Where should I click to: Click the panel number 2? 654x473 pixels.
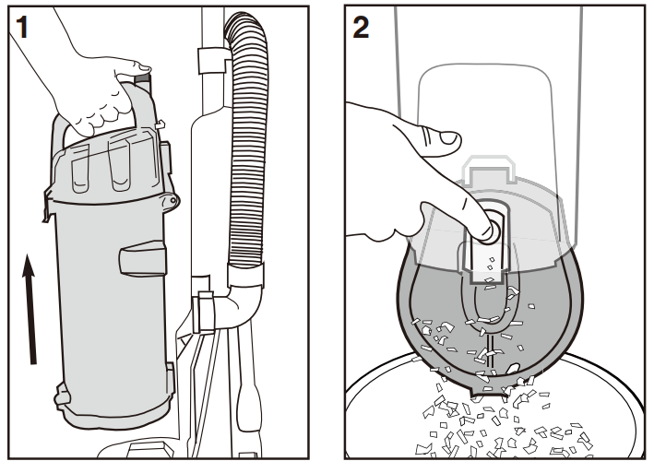coord(362,28)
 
